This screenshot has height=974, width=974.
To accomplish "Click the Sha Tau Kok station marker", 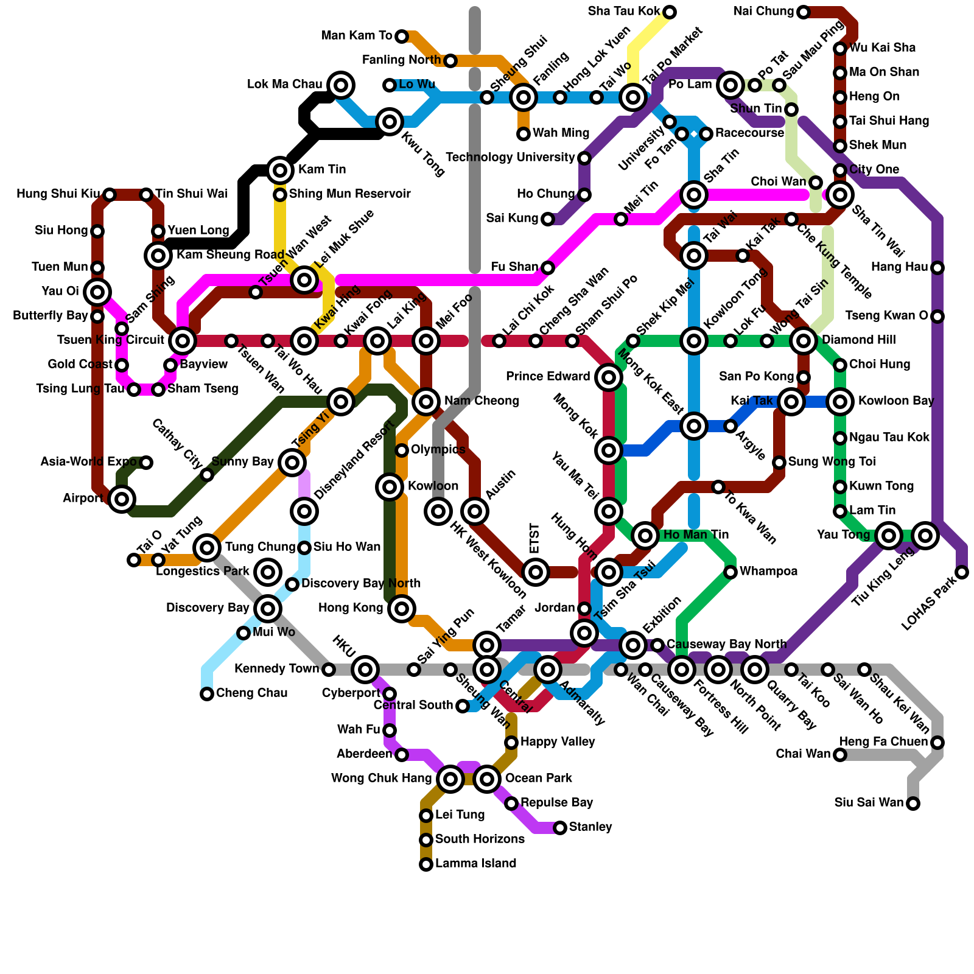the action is [x=670, y=12].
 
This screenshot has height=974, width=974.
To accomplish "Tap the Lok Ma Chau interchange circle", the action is [x=341, y=85].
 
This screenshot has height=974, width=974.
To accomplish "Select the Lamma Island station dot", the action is [x=426, y=864].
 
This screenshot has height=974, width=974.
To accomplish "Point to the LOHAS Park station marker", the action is [x=962, y=572].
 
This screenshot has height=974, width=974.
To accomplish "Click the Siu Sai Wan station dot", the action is [x=913, y=804].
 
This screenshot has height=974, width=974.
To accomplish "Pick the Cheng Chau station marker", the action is [x=207, y=694].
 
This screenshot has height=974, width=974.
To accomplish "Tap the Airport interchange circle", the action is [x=122, y=499].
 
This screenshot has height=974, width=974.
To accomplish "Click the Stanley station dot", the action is [x=560, y=828].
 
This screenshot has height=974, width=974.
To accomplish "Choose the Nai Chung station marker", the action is [x=804, y=12].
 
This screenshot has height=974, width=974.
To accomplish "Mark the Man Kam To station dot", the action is [x=402, y=37].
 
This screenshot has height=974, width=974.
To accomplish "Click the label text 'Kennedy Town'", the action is [x=277, y=670].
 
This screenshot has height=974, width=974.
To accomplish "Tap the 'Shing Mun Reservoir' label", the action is [x=350, y=194].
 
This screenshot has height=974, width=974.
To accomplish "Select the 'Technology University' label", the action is [x=510, y=158].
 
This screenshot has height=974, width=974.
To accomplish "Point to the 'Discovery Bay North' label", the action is [x=361, y=584].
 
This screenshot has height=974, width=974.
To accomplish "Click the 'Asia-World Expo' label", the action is [x=88, y=462].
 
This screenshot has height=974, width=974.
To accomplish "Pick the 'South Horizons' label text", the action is [x=480, y=839].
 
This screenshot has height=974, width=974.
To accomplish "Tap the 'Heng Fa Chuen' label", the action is [x=883, y=742].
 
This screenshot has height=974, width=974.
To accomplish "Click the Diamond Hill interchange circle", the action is [x=804, y=341].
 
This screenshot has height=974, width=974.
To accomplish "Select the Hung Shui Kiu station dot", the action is [x=110, y=195].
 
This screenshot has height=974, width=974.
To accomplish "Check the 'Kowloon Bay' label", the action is [x=896, y=401].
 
